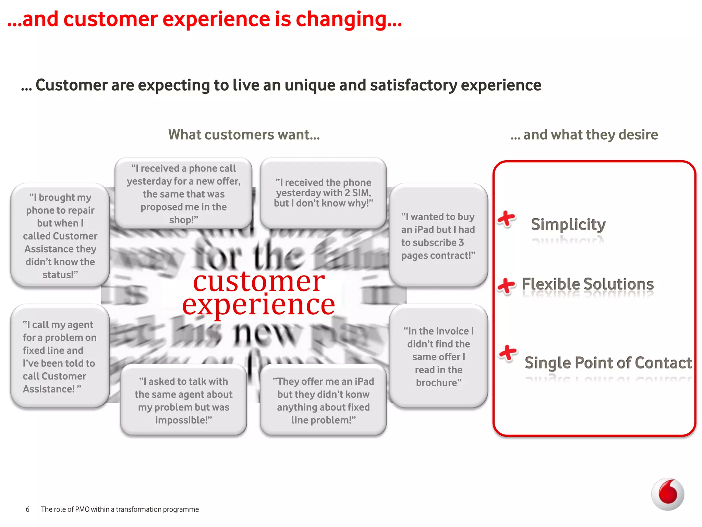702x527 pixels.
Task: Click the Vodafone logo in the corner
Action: [667, 494]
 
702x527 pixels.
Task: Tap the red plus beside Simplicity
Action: [506, 219]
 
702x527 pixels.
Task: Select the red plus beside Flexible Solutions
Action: [506, 285]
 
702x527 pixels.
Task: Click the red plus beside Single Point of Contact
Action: [508, 353]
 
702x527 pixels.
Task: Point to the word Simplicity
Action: [568, 224]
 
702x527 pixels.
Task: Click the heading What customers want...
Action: [244, 134]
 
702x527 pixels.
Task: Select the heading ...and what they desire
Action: [584, 134]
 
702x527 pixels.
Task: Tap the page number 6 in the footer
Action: [28, 509]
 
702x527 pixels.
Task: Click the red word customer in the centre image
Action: [259, 281]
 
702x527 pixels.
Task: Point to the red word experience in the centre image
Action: [258, 305]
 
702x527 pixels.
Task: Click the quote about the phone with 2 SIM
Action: [323, 193]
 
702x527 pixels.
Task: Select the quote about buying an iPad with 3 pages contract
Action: [438, 236]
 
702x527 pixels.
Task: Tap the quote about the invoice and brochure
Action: [438, 356]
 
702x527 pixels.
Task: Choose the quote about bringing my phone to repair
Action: [60, 236]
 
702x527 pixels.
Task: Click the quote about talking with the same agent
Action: [183, 400]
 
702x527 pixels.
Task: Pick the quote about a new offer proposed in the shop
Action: [183, 194]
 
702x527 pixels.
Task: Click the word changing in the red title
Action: [348, 19]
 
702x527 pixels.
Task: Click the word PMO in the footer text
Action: [82, 509]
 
